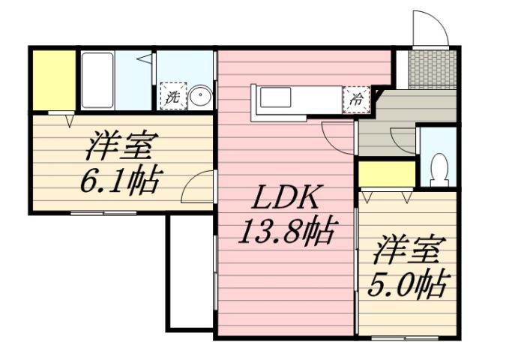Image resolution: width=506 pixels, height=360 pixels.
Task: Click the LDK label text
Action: pos(284,200)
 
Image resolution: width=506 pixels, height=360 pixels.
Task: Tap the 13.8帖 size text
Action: pos(285,232)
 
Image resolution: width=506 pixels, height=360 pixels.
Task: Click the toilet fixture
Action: pos(441,166)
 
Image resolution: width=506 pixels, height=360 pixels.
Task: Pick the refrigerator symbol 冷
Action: pos(355,98)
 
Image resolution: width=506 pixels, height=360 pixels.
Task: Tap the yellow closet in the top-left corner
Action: pos(53,79)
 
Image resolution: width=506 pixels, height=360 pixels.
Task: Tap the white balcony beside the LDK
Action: pos(191,270)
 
